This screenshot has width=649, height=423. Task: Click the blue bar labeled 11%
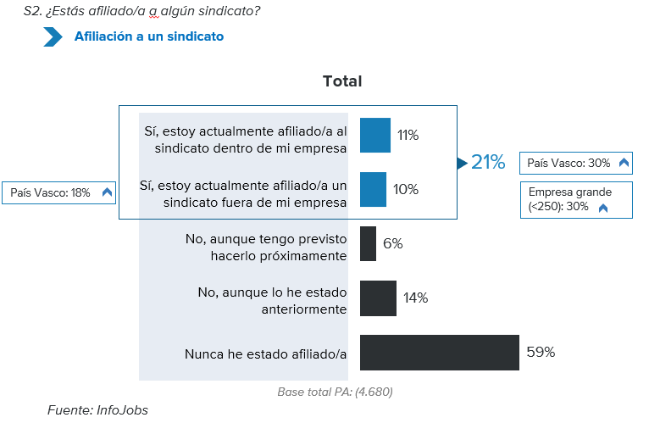374,135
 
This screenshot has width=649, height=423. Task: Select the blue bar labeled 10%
373,189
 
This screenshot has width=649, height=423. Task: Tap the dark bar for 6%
368,243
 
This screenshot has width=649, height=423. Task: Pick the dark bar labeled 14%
378,298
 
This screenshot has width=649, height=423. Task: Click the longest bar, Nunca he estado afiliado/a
439,353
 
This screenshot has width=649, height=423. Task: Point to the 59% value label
541,352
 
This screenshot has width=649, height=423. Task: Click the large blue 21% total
488,162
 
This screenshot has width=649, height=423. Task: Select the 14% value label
416,298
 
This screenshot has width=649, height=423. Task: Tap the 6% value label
392,243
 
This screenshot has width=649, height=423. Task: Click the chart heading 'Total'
342,81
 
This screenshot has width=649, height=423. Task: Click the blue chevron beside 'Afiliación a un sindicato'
53,36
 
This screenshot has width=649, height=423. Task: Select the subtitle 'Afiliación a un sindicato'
149,36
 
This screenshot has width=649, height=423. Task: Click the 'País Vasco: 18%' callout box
59,192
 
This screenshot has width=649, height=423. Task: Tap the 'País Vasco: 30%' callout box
576,163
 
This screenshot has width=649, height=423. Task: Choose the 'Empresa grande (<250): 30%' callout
576,199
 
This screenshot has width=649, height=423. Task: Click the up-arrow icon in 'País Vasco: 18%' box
107,192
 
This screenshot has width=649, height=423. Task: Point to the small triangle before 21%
463,162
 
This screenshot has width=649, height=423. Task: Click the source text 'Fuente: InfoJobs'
97,409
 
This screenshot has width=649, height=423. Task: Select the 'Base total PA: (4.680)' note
335,392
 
